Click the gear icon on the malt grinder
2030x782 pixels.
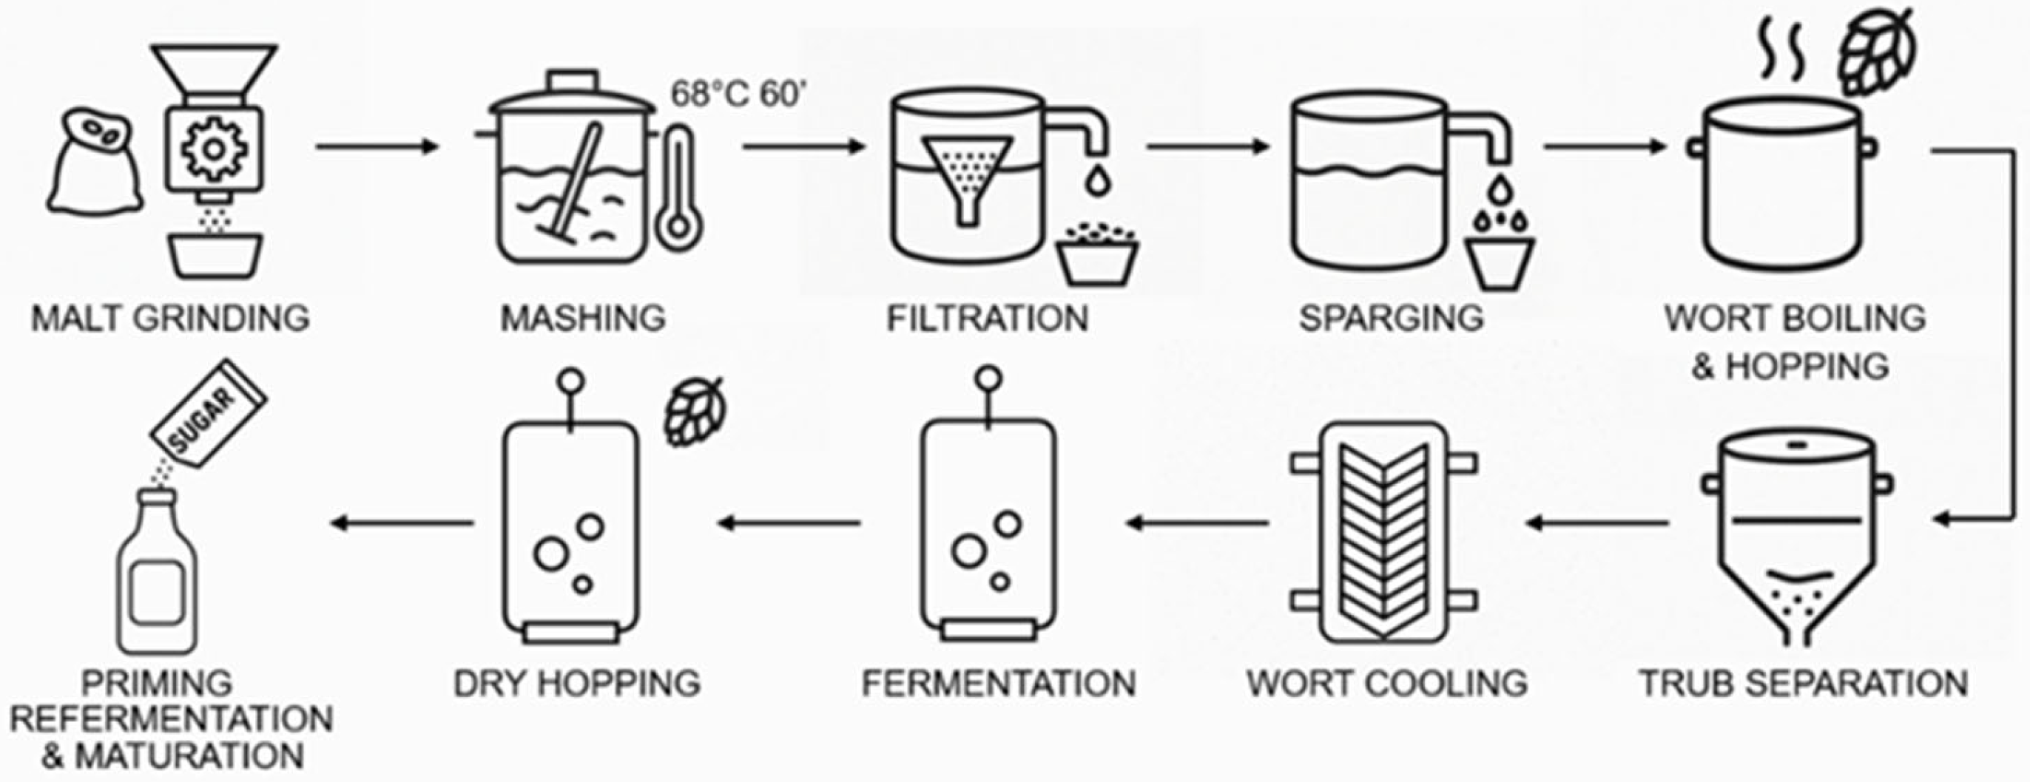pos(214,148)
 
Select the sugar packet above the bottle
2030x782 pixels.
pos(209,413)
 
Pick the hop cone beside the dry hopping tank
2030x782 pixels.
pos(693,411)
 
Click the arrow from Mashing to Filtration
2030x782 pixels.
pos(804,146)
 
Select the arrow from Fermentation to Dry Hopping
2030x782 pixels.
pos(789,522)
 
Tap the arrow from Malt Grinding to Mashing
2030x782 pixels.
pos(377,146)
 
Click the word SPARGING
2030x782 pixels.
pos(1391,318)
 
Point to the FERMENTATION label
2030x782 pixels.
pos(999,683)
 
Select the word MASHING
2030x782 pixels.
pos(583,318)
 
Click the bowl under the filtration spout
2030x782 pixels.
pos(1097,256)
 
